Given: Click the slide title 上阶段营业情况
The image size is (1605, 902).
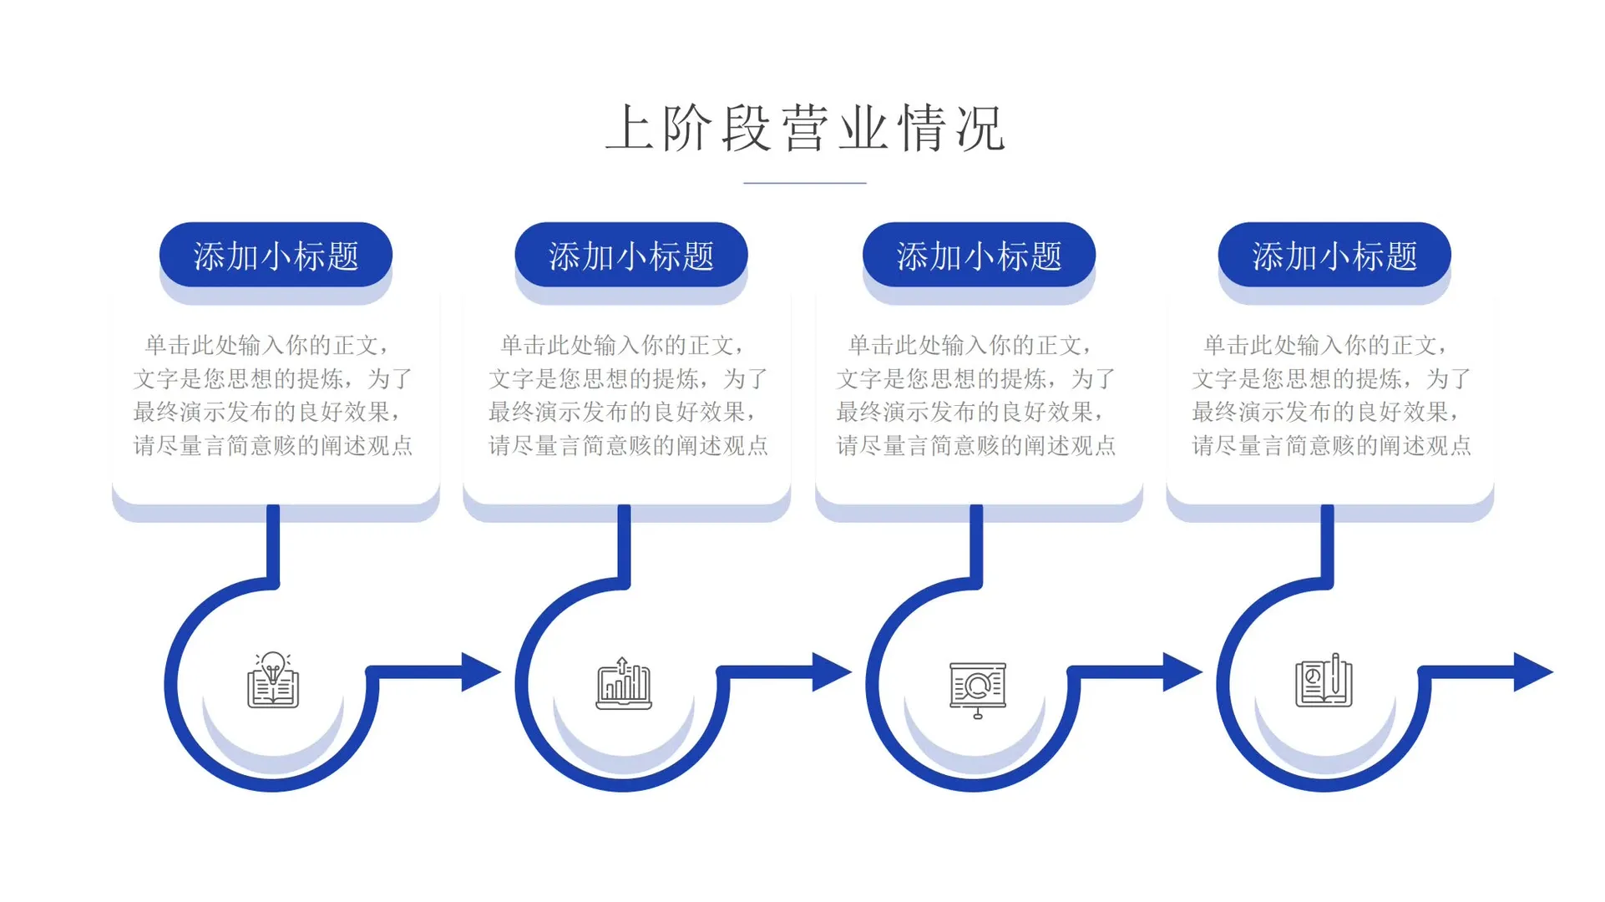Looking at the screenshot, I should (805, 129).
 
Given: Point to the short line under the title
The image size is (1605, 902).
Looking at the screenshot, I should (805, 182).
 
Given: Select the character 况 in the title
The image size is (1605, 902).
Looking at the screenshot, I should (980, 129).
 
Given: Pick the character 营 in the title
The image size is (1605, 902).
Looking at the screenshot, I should (805, 129).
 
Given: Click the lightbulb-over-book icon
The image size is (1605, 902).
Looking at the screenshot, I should (273, 681).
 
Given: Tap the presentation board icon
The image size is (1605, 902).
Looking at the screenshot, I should (977, 689).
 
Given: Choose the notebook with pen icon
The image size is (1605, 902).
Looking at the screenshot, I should (1324, 681).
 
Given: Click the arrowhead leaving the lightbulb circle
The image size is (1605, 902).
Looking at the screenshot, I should (480, 671).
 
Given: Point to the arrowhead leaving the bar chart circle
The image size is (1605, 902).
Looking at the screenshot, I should (831, 671).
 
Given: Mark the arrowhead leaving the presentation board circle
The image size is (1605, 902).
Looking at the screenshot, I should (1182, 671).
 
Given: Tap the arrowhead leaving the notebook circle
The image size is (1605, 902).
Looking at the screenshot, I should (1532, 671).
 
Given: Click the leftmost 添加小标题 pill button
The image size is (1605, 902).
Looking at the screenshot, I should (276, 255).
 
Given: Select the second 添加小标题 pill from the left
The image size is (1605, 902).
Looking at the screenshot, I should (631, 255).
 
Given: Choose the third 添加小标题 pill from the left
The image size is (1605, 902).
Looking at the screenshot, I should (979, 255).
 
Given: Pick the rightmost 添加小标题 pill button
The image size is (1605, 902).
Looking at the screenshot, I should (1334, 255).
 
